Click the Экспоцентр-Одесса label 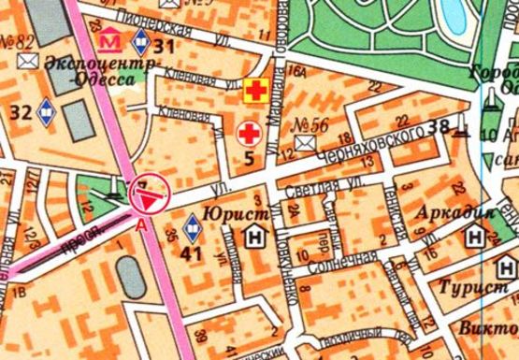pyautogui.click(x=82, y=72)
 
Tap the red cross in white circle pyautogui.click(x=249, y=131)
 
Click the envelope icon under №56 pyautogui.click(x=305, y=143)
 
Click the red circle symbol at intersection pyautogui.click(x=149, y=193)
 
